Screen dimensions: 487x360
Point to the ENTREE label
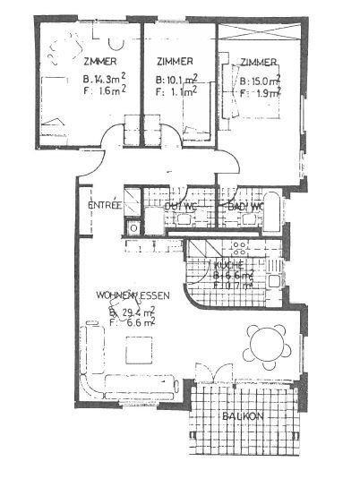[105, 206]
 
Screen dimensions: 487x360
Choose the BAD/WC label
[245, 207]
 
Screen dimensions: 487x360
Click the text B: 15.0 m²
[261, 79]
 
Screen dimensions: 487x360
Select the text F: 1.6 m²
[103, 90]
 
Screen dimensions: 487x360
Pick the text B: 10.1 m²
[176, 77]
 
